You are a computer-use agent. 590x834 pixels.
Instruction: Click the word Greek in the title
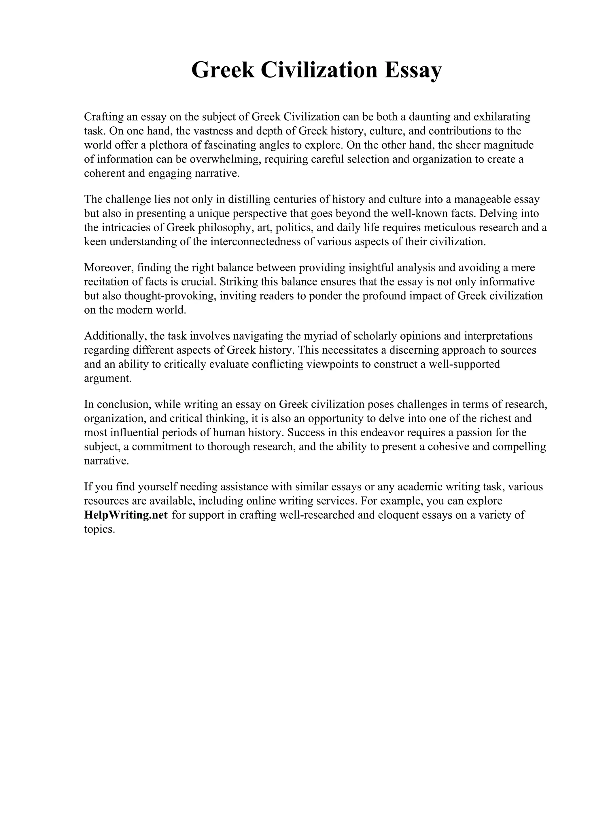pyautogui.click(x=223, y=70)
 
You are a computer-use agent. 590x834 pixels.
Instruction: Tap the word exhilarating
pyautogui.click(x=502, y=117)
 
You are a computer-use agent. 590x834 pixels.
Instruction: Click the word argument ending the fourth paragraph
pyautogui.click(x=107, y=378)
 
